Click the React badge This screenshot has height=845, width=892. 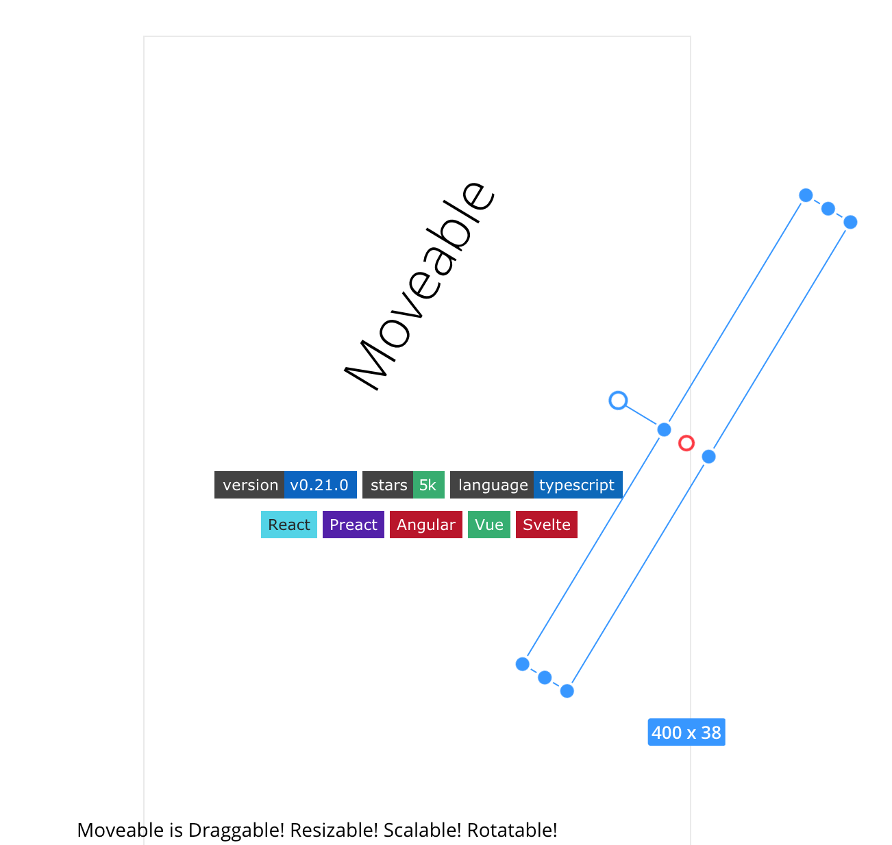pyautogui.click(x=288, y=525)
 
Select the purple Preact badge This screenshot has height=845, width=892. pyautogui.click(x=353, y=525)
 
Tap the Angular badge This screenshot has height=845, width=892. pyautogui.click(x=425, y=525)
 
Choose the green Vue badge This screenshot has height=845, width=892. pyautogui.click(x=488, y=525)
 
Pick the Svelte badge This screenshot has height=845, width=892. pyautogui.click(x=546, y=525)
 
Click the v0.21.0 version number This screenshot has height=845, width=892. pyautogui.click(x=319, y=485)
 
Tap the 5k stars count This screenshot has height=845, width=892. pyautogui.click(x=428, y=485)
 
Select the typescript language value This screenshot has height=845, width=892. pyautogui.click(x=577, y=485)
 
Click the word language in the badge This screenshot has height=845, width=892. pyautogui.click(x=493, y=485)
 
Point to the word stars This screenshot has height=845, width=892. pyautogui.click(x=389, y=485)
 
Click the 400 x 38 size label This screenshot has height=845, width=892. pyautogui.click(x=686, y=732)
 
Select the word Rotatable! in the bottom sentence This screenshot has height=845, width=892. pyautogui.click(x=512, y=830)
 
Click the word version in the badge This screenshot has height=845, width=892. pyautogui.click(x=251, y=485)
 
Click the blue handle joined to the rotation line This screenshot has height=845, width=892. pyautogui.click(x=664, y=429)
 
